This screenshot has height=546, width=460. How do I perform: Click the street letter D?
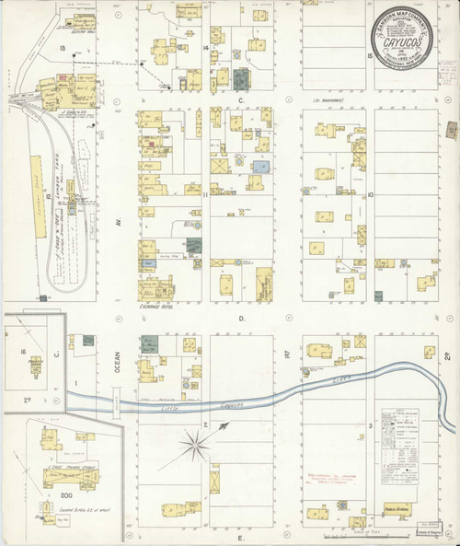coord(243,319)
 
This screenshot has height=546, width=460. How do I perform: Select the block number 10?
coord(368,195)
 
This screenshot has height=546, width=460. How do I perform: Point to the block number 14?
coord(206,46)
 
